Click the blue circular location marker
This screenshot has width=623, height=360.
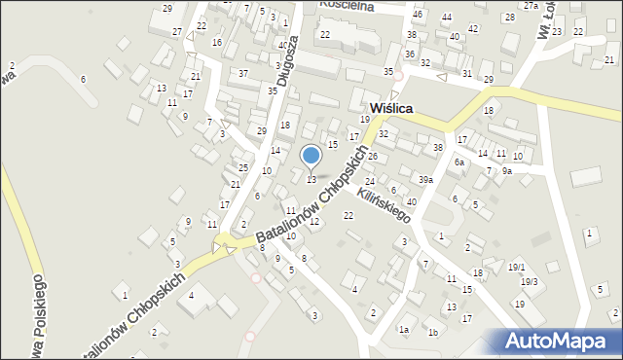pyautogui.click(x=311, y=156)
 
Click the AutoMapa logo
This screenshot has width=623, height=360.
pyautogui.click(x=558, y=342)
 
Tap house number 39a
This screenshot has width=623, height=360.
pyautogui.click(x=425, y=180)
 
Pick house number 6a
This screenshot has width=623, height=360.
pyautogui.click(x=458, y=162)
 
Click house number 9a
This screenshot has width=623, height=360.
pyautogui.click(x=506, y=171)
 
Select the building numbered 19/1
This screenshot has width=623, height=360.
pyautogui.click(x=516, y=267)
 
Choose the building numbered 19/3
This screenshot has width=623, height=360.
pyautogui.click(x=529, y=281)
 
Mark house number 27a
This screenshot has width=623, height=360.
pyautogui.click(x=531, y=6)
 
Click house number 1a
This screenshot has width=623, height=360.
pyautogui.click(x=403, y=330)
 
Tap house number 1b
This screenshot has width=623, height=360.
pyautogui.click(x=433, y=332)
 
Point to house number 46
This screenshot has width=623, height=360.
pyautogui.click(x=418, y=15)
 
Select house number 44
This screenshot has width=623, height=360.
pyautogui.click(x=446, y=18)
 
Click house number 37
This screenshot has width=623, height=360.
pyautogui.click(x=243, y=74)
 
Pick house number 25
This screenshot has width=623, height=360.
pyautogui.click(x=243, y=168)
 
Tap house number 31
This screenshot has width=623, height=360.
pyautogui.click(x=467, y=74)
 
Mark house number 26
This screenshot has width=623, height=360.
pyautogui.click(x=372, y=157)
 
